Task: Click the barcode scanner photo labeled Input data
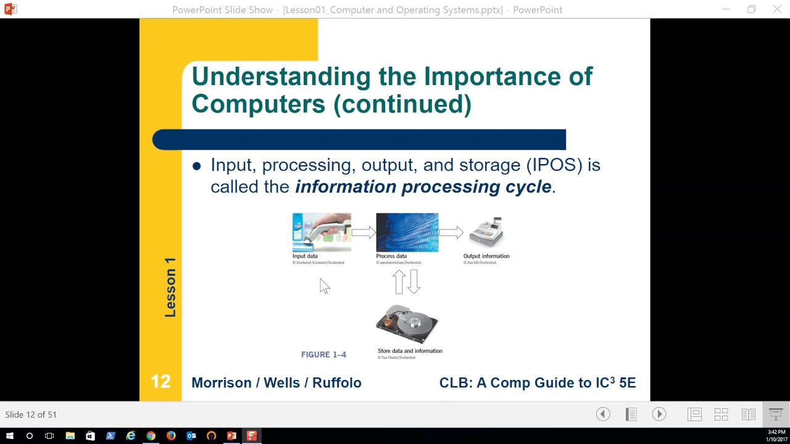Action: pyautogui.click(x=322, y=232)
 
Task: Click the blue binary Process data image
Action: pyautogui.click(x=407, y=232)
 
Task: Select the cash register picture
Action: pyautogui.click(x=486, y=232)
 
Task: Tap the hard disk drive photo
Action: pyautogui.click(x=407, y=324)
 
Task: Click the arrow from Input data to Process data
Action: pyautogui.click(x=364, y=232)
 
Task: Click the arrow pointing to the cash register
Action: pyautogui.click(x=451, y=232)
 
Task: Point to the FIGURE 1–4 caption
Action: pyautogui.click(x=323, y=355)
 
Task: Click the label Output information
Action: pyautogui.click(x=486, y=256)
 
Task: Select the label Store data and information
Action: pyautogui.click(x=410, y=351)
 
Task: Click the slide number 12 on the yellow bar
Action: pyautogui.click(x=160, y=382)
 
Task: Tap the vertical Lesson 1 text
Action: pyautogui.click(x=170, y=287)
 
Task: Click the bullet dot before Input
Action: pyautogui.click(x=197, y=166)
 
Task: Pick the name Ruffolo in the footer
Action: pyautogui.click(x=336, y=382)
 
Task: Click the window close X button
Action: pyautogui.click(x=777, y=9)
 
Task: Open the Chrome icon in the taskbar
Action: pyautogui.click(x=151, y=436)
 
